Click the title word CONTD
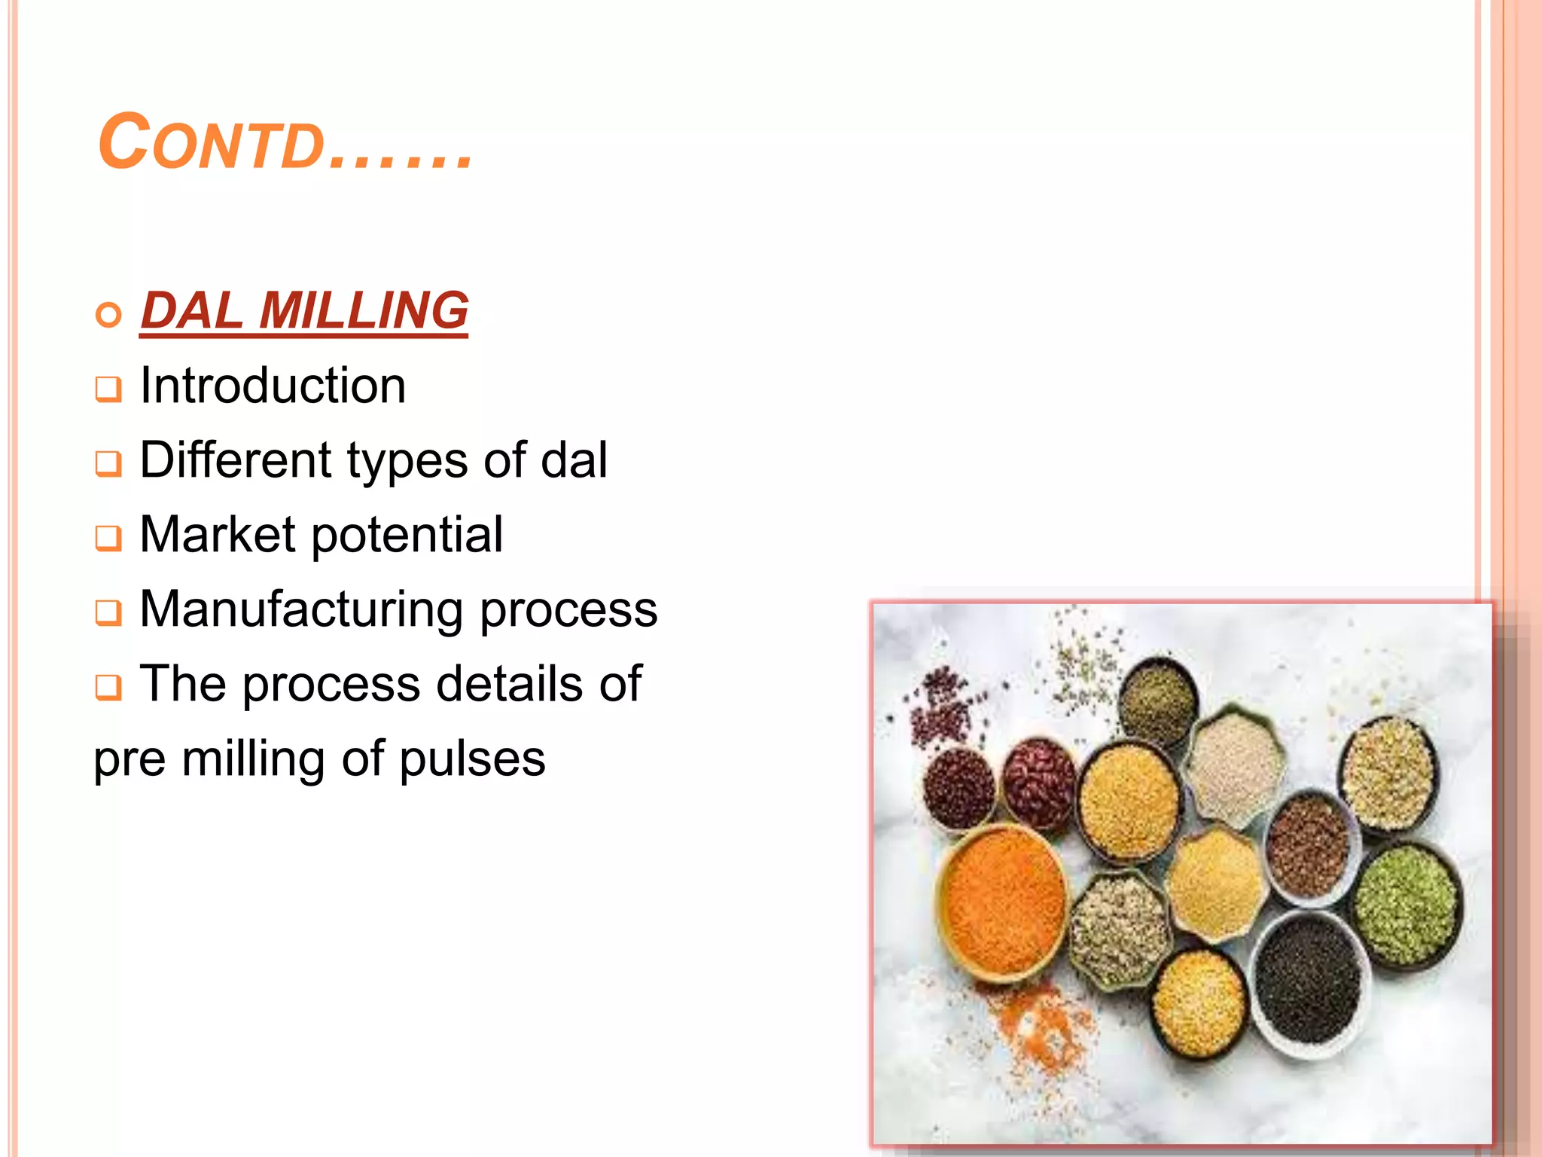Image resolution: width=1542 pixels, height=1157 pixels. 211,142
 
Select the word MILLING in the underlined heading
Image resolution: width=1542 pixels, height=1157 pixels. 364,310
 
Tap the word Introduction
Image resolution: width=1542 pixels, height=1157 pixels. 273,386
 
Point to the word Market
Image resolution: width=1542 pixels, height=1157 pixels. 218,535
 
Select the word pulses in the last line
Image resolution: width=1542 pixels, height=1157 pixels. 472,759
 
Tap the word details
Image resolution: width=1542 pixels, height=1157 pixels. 509,683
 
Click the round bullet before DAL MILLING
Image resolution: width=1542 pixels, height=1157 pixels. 108,315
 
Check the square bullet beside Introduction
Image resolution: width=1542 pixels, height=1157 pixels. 108,389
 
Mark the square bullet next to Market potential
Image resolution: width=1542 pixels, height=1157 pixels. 108,539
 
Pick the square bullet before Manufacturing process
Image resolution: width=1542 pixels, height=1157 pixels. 108,613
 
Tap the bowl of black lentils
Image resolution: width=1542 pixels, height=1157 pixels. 1311,979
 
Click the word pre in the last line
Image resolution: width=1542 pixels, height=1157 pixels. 130,760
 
